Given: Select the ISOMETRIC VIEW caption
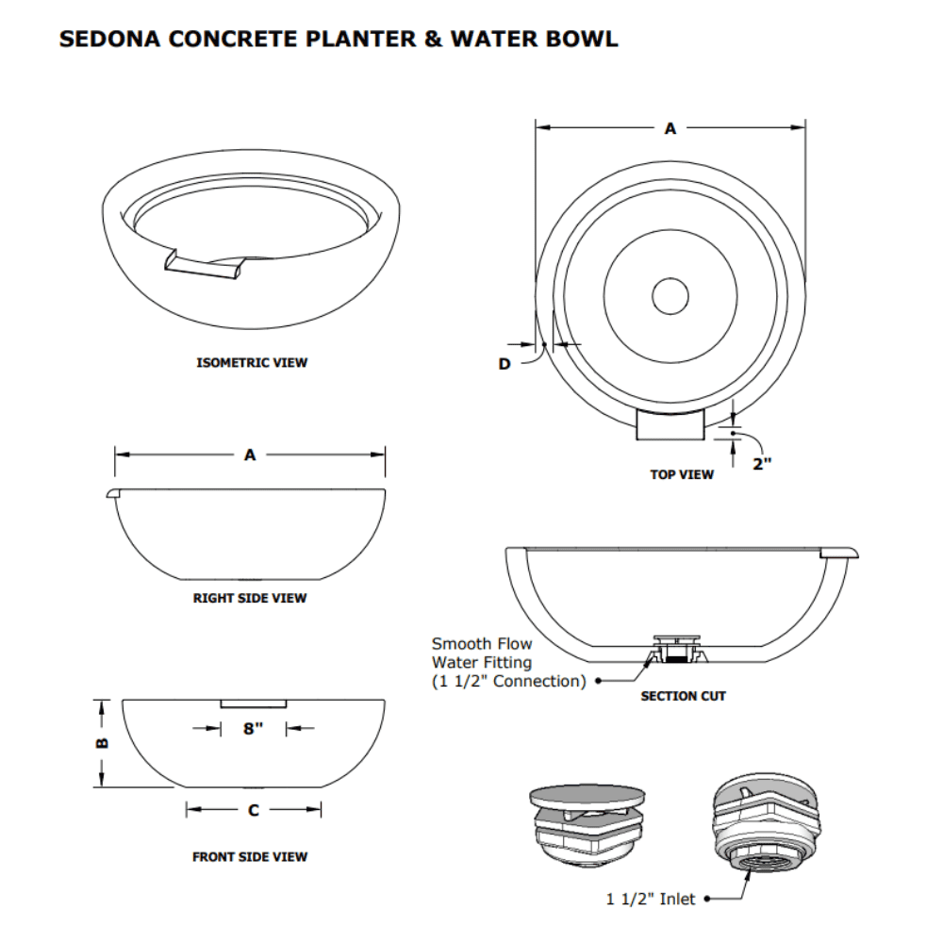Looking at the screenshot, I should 252,362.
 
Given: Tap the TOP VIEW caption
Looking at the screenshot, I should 682,474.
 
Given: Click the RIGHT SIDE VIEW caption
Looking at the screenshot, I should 250,598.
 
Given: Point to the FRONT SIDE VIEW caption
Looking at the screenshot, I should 250,857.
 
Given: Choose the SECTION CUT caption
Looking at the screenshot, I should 684,697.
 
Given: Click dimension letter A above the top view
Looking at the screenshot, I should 670,128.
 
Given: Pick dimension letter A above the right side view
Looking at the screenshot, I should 250,455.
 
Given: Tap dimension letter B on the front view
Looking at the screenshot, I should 103,742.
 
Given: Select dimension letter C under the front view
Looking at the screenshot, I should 254,809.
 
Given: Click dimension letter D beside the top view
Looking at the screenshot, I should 505,364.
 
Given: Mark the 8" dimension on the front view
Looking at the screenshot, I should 252,729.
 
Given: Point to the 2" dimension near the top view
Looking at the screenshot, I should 762,463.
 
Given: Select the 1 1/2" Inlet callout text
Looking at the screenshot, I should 651,900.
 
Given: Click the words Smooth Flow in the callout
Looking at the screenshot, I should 482,644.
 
